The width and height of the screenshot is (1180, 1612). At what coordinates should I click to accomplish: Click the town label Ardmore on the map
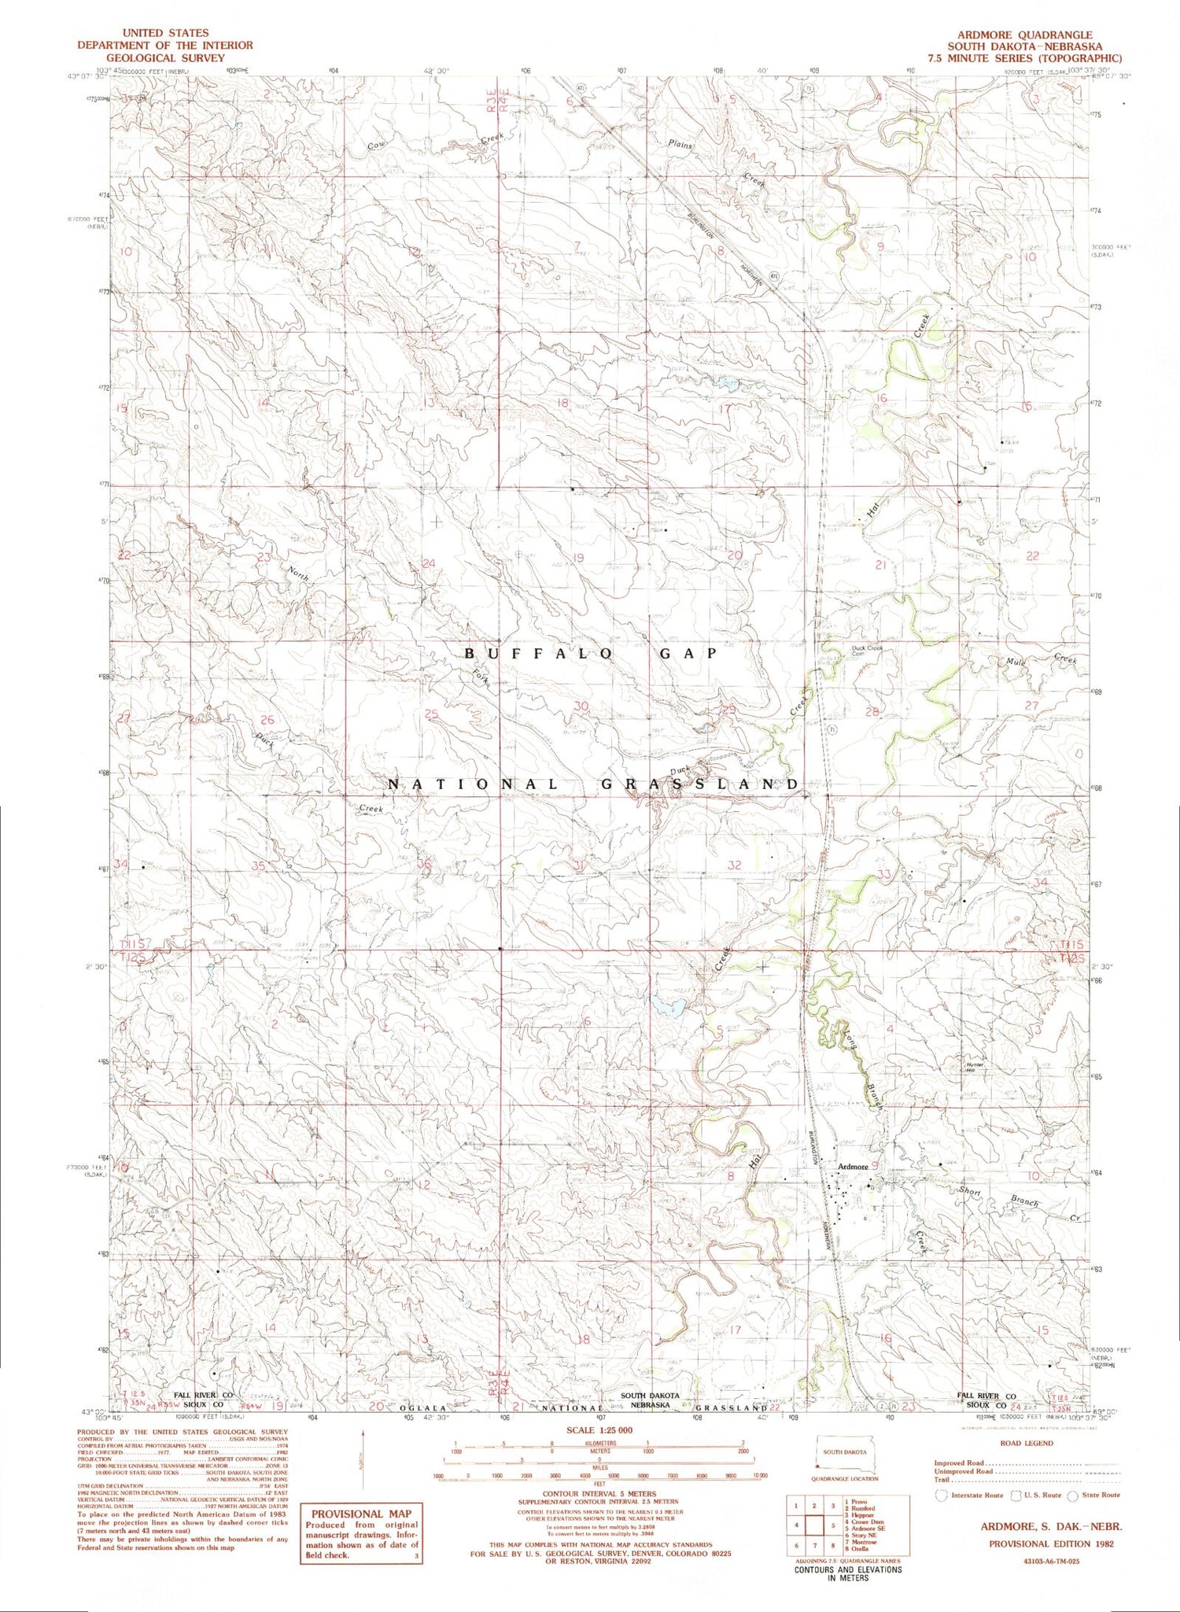click(853, 1167)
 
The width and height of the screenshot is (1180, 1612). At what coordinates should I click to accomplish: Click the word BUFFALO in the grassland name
click(538, 653)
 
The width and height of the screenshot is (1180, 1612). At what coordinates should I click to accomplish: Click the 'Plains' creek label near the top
click(680, 144)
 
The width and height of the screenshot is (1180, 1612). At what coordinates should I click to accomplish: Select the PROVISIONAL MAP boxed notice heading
click(360, 1514)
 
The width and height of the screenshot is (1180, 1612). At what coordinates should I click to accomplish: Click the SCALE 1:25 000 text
click(599, 1429)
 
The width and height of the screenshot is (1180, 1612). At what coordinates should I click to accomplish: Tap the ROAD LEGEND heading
click(1026, 1443)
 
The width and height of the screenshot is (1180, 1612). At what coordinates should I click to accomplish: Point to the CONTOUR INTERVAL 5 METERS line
click(599, 1493)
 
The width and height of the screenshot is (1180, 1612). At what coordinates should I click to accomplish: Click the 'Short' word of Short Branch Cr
click(969, 1191)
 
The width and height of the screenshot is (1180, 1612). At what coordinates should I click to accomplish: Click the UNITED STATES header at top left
click(165, 33)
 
